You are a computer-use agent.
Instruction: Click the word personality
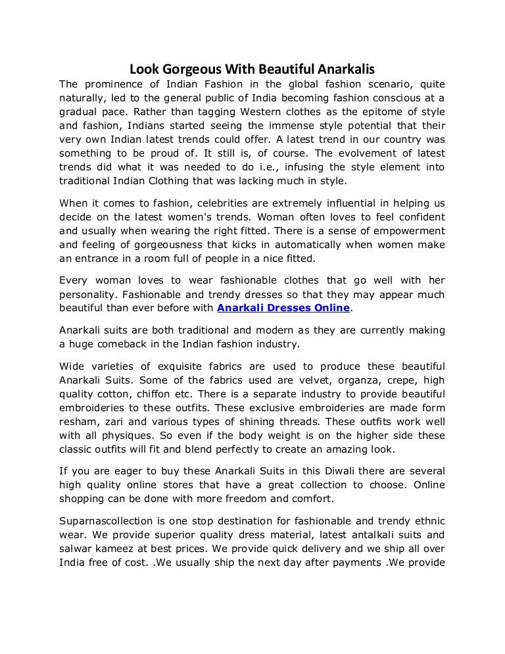[x=90, y=294]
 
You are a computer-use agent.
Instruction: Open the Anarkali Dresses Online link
[x=284, y=308]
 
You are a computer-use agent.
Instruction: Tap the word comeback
[x=121, y=343]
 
